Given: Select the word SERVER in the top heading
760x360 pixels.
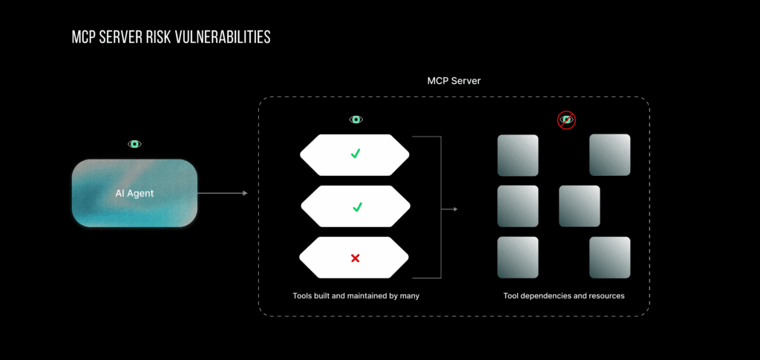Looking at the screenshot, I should pos(117,37).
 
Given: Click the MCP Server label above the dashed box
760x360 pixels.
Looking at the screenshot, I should pos(453,80).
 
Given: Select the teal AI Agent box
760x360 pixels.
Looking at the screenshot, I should pos(134,193).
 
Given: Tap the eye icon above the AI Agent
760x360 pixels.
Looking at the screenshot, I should pos(134,144).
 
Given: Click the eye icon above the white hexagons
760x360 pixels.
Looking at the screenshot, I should pos(356,120).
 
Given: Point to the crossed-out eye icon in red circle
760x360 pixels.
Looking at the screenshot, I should pos(567,120).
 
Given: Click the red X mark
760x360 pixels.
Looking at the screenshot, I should pos(355,258).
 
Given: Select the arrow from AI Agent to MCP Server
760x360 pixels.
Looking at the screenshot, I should pos(222,193).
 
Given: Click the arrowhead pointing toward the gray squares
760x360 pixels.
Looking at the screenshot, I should pos(454,209).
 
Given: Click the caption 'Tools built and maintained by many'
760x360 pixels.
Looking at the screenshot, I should pos(356,296).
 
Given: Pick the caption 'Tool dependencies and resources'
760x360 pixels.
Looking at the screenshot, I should pos(564,296).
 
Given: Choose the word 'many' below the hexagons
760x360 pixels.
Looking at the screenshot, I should pos(410,296).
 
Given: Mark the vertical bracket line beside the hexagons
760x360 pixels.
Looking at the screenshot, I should pos(441,207).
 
